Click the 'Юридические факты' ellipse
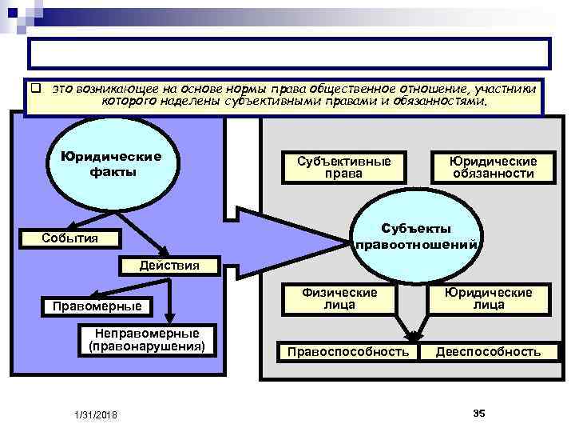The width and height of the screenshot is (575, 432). click(105, 163)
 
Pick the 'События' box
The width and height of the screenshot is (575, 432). click(71, 238)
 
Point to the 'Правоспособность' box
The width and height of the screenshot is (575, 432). click(348, 351)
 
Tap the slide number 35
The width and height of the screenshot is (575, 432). click(479, 412)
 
